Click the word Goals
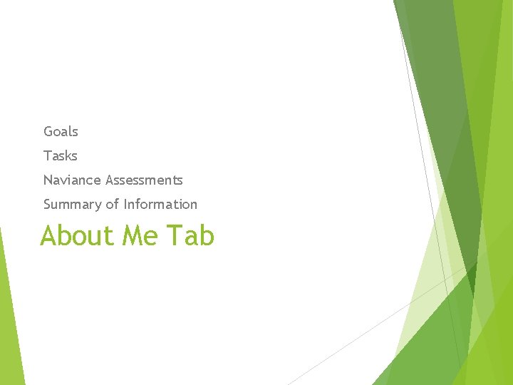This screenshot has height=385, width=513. pyautogui.click(x=61, y=131)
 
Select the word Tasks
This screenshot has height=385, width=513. pyautogui.click(x=60, y=155)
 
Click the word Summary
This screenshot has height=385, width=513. pyautogui.click(x=73, y=205)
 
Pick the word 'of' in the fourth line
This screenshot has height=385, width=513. pyautogui.click(x=112, y=204)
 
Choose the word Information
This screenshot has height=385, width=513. pyautogui.click(x=160, y=204)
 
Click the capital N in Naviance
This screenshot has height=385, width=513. pyautogui.click(x=48, y=180)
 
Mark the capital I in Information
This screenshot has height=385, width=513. pyautogui.click(x=125, y=204)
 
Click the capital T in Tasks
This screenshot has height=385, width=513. pyautogui.click(x=47, y=155)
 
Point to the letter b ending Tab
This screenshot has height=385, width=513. pyautogui.click(x=207, y=235)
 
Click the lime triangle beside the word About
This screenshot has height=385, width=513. pyautogui.click(x=10, y=314)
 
